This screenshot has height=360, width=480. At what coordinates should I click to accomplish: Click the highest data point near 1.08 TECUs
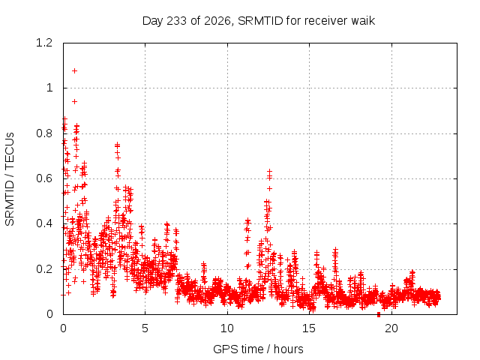[74, 71]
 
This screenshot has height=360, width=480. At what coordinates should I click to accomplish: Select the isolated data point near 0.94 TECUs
[74, 102]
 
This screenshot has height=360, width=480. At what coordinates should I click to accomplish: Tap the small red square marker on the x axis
[379, 314]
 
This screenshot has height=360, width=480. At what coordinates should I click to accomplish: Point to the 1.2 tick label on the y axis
[44, 43]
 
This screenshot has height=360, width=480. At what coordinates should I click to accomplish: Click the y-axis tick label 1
[49, 88]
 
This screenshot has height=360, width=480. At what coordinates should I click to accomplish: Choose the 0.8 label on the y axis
[44, 133]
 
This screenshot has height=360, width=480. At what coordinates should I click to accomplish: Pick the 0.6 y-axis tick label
[44, 178]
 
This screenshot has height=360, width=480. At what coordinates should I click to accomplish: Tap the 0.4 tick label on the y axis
[44, 223]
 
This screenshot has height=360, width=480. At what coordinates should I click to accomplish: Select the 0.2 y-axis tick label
[44, 269]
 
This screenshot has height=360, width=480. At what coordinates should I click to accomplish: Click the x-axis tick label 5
[145, 328]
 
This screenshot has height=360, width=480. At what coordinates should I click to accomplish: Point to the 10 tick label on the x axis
[227, 328]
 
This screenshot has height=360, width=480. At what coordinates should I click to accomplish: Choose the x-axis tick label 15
[309, 328]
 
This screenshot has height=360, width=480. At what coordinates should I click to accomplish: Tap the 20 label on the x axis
[391, 328]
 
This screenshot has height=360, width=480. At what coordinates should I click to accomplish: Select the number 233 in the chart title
[177, 21]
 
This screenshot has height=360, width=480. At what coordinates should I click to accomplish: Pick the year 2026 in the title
[217, 21]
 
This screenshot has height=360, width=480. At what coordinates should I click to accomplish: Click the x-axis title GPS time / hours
[258, 349]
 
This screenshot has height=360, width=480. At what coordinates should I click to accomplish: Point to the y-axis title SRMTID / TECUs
[10, 179]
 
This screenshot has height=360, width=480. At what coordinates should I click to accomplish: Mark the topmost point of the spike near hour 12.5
[269, 171]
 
